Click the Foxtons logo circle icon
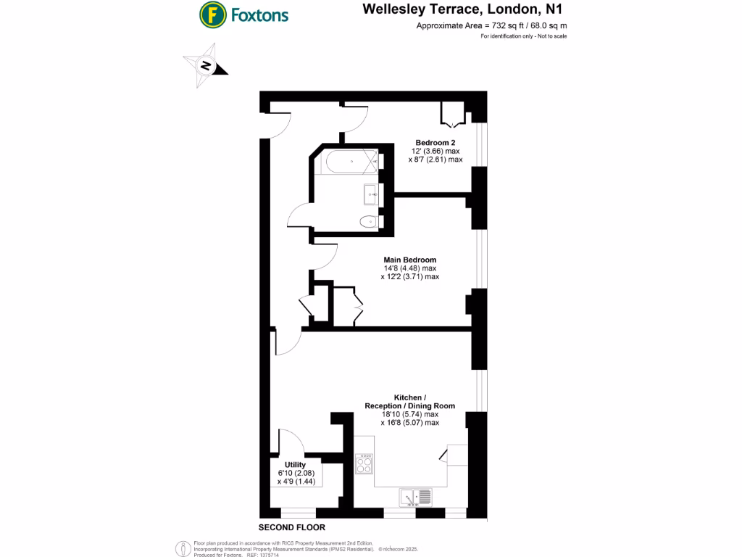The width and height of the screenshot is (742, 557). (x=212, y=14)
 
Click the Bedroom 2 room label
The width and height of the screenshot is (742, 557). (x=435, y=141)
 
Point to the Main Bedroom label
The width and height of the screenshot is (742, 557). (x=409, y=260)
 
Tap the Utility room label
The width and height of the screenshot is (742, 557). (x=295, y=465)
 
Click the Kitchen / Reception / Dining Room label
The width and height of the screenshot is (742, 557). (x=409, y=401)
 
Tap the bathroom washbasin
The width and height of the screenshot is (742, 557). (x=370, y=193)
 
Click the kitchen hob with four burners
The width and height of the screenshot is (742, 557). (x=364, y=463)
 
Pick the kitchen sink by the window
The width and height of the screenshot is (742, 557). (x=415, y=498)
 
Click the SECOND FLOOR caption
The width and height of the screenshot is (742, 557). (x=292, y=527)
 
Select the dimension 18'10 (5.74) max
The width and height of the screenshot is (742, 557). (x=409, y=414)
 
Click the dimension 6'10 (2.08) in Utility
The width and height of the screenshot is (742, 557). (x=295, y=473)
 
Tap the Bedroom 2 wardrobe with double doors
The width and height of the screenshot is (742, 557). (x=453, y=114)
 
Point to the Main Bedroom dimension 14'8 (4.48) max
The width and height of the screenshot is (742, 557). (x=409, y=268)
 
